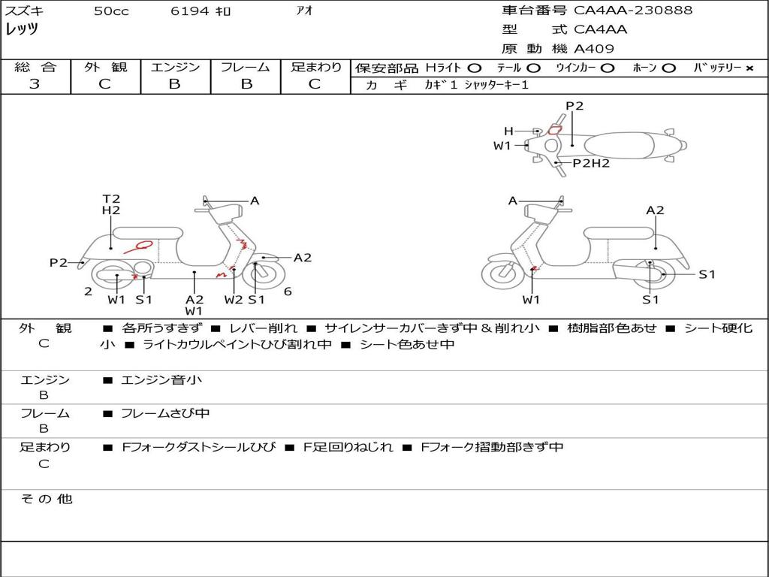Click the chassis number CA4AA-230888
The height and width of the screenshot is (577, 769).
[633, 10]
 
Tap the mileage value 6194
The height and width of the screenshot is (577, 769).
[190, 11]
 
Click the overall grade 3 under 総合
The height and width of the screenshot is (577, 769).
[35, 84]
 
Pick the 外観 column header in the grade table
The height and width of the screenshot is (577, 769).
[105, 67]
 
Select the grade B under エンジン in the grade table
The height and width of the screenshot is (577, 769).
[175, 84]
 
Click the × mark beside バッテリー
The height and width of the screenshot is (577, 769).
[749, 68]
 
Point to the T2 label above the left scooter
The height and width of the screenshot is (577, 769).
[111, 198]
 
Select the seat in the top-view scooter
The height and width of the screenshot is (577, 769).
[619, 146]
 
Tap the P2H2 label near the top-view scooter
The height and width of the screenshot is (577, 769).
[591, 163]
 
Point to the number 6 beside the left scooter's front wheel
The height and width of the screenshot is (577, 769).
[288, 292]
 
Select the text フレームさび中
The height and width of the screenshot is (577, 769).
[165, 414]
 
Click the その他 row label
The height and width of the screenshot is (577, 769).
[47, 499]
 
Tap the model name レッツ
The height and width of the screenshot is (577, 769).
[22, 29]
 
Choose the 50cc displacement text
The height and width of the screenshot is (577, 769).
[111, 11]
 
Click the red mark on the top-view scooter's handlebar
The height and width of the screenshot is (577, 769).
[554, 130]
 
